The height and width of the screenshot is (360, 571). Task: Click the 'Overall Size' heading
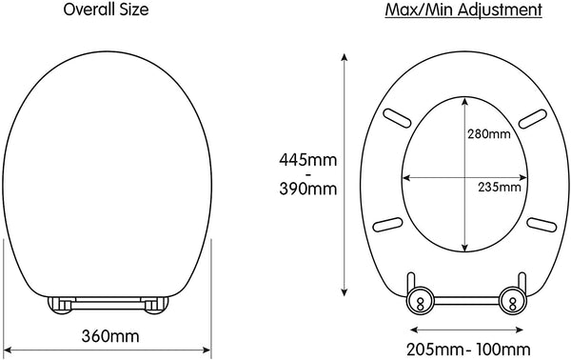(x=106, y=10)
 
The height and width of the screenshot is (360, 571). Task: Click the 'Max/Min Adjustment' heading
(x=463, y=10)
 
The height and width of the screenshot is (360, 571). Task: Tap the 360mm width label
(x=110, y=336)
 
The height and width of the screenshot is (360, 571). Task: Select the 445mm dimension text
(x=308, y=160)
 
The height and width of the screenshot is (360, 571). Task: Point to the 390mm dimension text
(x=308, y=189)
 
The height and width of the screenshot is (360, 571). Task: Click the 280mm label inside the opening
(x=489, y=134)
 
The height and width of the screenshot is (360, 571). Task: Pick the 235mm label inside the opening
(x=500, y=188)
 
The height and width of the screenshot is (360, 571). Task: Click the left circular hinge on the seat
(x=421, y=300)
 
